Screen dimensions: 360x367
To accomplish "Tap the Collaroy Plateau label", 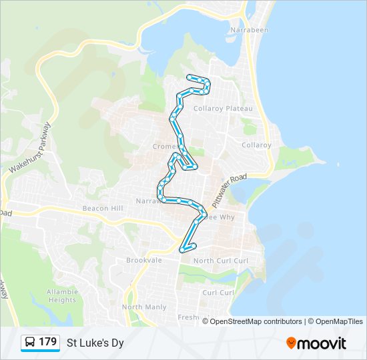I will pos(223,109).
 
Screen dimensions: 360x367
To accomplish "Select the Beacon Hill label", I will pos(103,209).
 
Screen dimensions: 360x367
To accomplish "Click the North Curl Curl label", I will pos(221,261).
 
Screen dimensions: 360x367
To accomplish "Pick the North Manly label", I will pos(144,307).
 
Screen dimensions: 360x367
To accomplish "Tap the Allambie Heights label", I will pos(62,296).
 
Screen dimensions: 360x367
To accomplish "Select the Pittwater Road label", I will pos(229,189).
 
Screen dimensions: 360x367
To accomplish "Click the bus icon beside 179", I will pos(30,342).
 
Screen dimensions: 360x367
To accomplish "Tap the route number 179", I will pos(48,342).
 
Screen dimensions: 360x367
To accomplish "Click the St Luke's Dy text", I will pos(95,343).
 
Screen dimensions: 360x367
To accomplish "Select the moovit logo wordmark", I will pos(322,343).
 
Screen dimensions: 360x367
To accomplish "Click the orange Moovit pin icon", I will pos(292,343).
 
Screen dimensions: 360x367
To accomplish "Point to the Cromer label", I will pos(164,146).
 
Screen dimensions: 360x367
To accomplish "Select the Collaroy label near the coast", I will pos(256,145).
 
